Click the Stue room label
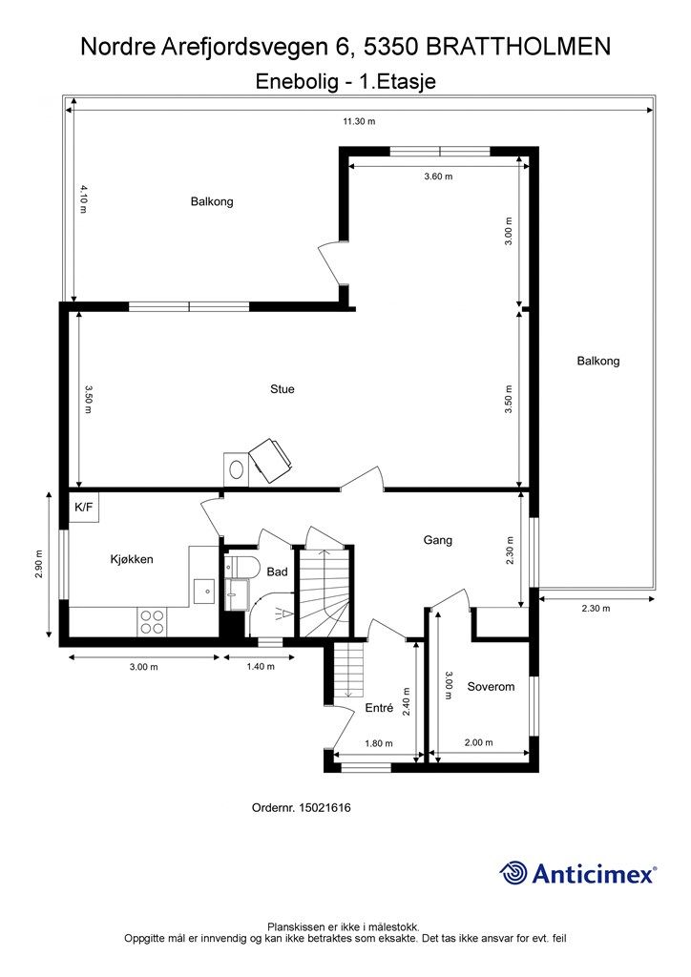pos(283,389)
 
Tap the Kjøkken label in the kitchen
pos(132,559)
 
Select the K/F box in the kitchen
pos(83,508)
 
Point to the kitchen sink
pos(203,592)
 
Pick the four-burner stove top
pos(152,621)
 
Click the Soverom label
pos(491,687)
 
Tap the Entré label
pos(379,708)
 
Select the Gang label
pos(437,540)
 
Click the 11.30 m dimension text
pos(360,121)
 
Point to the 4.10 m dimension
pos(83,199)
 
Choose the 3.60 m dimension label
pos(438,177)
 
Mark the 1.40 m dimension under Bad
pos(261,667)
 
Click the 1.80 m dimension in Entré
pos(378,743)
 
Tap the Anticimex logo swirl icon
pos(513,872)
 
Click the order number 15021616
pos(325,808)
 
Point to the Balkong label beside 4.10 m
pos(212,202)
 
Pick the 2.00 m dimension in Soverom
pos(478,742)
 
